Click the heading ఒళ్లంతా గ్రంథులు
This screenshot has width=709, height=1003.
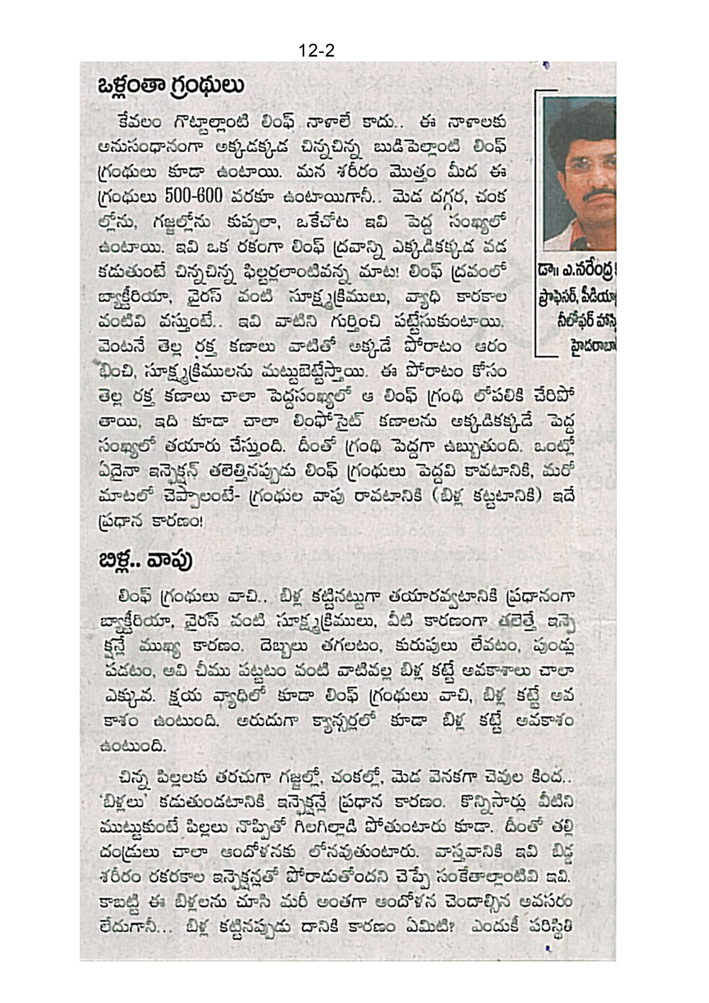pyautogui.click(x=171, y=86)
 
